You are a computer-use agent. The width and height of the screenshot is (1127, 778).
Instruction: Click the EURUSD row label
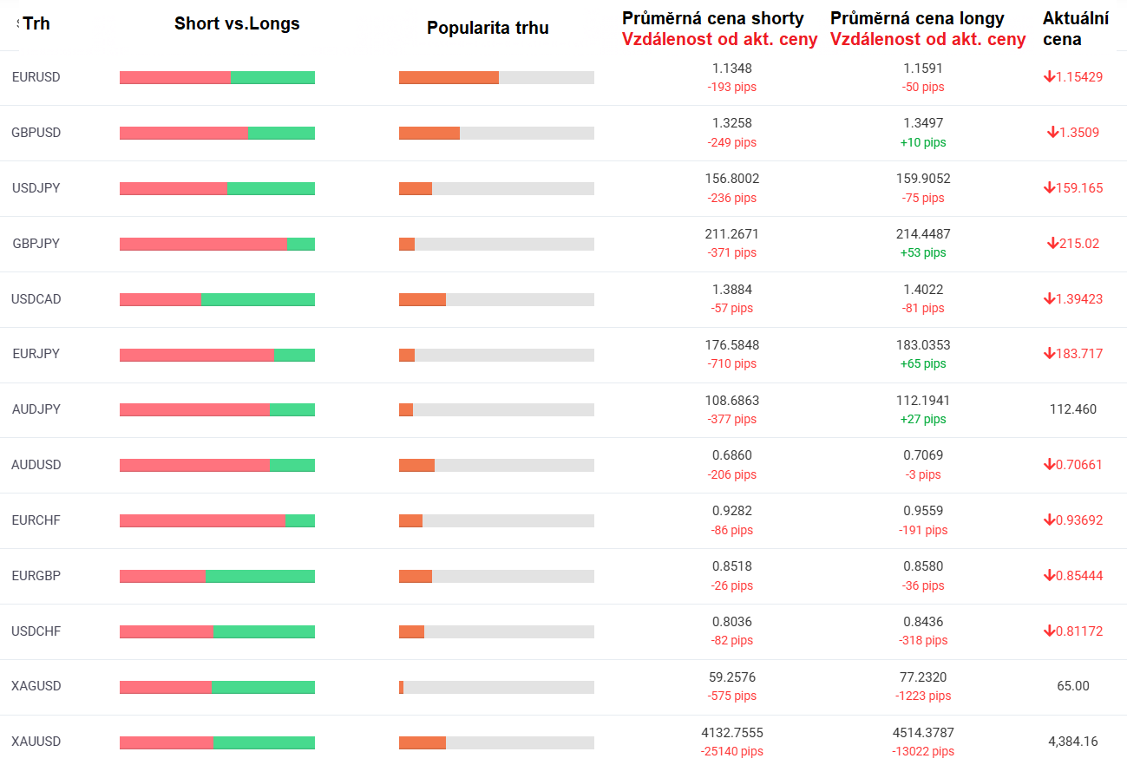(36, 77)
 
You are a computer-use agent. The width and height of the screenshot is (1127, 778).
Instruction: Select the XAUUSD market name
(36, 742)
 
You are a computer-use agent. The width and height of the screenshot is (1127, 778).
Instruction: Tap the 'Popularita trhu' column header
(488, 28)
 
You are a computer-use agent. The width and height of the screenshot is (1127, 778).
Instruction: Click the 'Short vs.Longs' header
(237, 23)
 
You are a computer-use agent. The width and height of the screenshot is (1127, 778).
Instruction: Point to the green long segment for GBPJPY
(301, 244)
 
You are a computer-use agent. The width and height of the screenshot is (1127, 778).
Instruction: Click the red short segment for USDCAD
(161, 300)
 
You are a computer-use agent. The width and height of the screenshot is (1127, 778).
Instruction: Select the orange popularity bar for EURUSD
(449, 77)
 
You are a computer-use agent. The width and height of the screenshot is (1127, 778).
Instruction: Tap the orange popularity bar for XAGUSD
(401, 687)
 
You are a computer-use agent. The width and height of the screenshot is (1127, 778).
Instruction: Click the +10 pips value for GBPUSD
(923, 142)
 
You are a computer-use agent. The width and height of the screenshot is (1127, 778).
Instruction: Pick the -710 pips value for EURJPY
(731, 363)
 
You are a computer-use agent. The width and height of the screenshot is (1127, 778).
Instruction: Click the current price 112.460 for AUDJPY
(1072, 409)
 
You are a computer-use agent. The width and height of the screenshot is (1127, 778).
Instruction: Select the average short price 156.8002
(731, 179)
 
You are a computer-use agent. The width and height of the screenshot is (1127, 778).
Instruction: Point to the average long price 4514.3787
(923, 733)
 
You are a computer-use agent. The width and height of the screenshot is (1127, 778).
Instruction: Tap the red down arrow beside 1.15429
(1049, 76)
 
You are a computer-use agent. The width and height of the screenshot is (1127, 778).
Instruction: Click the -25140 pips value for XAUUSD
(731, 751)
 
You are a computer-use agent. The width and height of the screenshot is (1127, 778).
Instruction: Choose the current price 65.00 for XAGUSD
(1072, 686)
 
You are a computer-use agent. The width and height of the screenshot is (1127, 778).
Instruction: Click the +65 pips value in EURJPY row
(923, 363)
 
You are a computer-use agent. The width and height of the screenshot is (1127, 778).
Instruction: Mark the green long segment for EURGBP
(260, 576)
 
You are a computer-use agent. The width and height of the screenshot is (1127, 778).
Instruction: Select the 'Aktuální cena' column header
(1075, 29)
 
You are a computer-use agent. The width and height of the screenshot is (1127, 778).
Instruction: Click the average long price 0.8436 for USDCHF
(923, 622)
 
